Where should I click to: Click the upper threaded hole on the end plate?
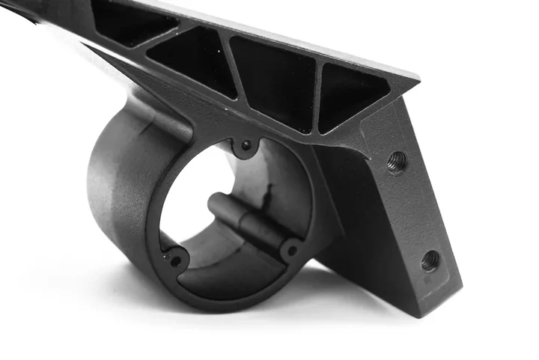397,161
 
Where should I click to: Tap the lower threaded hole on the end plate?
430,260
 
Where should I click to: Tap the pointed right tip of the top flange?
416,76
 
